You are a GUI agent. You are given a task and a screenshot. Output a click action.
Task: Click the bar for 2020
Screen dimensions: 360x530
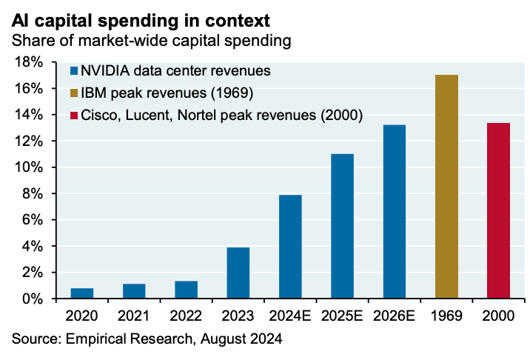coord(82,293)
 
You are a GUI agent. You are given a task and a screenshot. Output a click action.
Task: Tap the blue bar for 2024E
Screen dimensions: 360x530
coord(290,247)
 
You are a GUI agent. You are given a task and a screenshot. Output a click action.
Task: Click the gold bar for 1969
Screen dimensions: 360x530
coord(446,187)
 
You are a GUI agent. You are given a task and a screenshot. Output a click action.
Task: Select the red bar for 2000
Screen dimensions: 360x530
coord(498,210)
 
